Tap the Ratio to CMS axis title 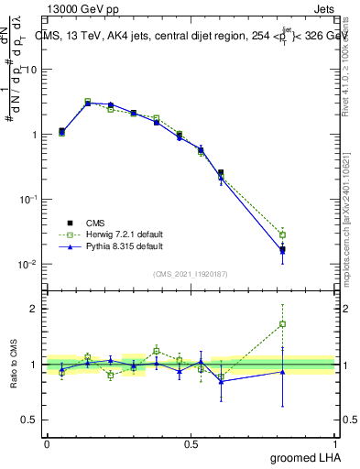coord(13,365)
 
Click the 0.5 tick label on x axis coord(191,442)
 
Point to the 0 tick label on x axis coord(47,442)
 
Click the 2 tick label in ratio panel coord(34,309)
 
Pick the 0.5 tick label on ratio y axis coord(30,420)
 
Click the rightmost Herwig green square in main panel coord(282,235)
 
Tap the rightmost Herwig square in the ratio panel coord(282,323)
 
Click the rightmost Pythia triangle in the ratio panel coord(282,371)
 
